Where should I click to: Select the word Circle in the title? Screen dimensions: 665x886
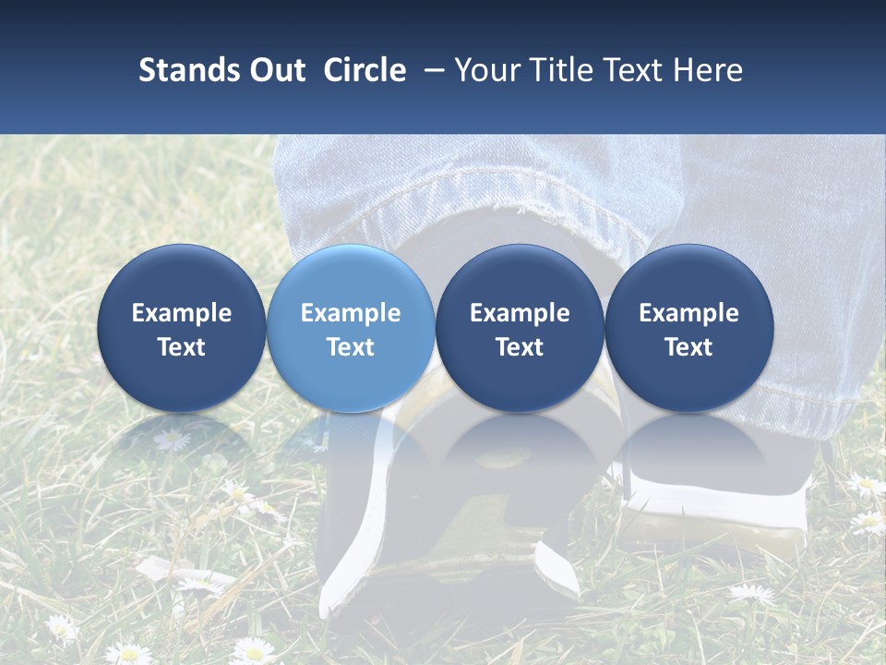click(x=365, y=70)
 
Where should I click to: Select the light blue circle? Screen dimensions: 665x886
click(x=351, y=329)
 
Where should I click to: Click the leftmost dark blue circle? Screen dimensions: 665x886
click(x=182, y=329)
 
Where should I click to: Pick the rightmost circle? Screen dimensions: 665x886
click(x=689, y=329)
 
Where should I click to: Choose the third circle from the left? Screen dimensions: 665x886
click(x=520, y=329)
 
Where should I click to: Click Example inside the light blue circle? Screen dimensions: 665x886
click(x=351, y=313)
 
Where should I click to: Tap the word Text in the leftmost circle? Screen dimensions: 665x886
click(x=182, y=347)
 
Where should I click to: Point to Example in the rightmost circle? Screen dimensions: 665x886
click(x=689, y=313)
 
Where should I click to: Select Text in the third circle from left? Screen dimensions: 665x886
click(x=520, y=347)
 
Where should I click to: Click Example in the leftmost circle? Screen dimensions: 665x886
click(x=182, y=313)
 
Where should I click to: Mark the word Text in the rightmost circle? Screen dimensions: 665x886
click(x=689, y=347)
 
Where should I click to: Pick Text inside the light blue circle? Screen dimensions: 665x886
click(x=351, y=347)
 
